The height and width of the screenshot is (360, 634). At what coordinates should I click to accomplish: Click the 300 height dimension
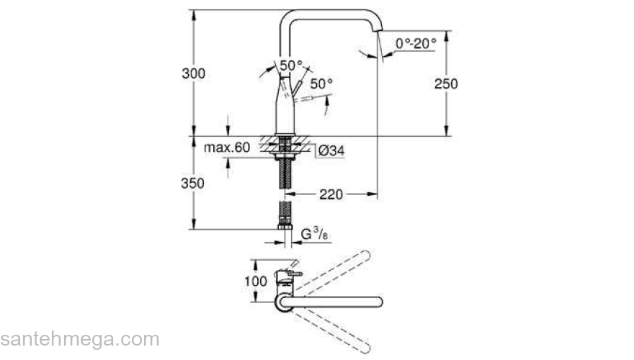click(194, 73)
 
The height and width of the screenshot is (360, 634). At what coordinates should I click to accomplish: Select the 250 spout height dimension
click(446, 84)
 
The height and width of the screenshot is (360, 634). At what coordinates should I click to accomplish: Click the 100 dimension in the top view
click(256, 282)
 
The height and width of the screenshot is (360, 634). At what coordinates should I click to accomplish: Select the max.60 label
click(226, 148)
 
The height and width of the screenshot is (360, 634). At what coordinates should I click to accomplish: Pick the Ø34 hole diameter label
click(331, 150)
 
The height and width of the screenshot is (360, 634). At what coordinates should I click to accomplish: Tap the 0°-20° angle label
click(416, 44)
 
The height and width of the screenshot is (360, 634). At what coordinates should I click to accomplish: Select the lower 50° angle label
click(322, 84)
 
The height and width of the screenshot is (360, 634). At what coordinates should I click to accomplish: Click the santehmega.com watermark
click(79, 338)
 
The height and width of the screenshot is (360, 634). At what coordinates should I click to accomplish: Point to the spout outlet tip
click(378, 32)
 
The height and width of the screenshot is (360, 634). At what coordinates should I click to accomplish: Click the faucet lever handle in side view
click(296, 91)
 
